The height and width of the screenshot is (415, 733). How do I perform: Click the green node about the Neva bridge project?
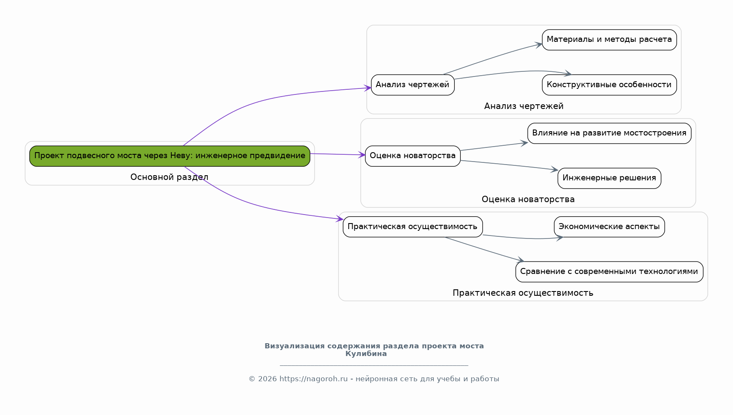coord(170,156)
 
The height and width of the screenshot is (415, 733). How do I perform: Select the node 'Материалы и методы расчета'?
coord(609,40)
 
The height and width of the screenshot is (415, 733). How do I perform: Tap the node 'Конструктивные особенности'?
coord(609,85)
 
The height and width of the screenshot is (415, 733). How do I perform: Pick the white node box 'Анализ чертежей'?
coord(412,85)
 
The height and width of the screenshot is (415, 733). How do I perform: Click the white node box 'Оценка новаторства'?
coord(412,156)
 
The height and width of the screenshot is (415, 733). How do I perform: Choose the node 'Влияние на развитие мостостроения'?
coord(609,133)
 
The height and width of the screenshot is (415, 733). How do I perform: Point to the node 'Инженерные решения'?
coord(609,178)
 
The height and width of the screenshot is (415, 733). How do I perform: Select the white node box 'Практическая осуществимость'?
coord(412,227)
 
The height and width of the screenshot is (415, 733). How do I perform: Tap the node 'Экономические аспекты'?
coord(609,227)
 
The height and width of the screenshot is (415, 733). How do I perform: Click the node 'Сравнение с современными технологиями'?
coord(609,272)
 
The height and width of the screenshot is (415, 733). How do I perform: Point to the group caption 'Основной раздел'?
coord(169,177)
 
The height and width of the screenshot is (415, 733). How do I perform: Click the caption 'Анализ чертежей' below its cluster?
coord(524,106)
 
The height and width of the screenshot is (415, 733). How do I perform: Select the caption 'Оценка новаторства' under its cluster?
coord(528,199)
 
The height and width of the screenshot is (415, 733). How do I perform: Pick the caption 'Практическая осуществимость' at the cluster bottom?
coord(523,293)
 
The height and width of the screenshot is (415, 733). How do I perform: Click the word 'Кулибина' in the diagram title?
coord(366,354)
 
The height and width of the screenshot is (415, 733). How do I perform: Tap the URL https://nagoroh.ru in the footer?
coord(313,379)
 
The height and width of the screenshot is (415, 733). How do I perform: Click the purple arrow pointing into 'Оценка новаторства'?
coord(338,154)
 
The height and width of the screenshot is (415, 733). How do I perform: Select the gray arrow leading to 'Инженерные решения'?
coord(509,165)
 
